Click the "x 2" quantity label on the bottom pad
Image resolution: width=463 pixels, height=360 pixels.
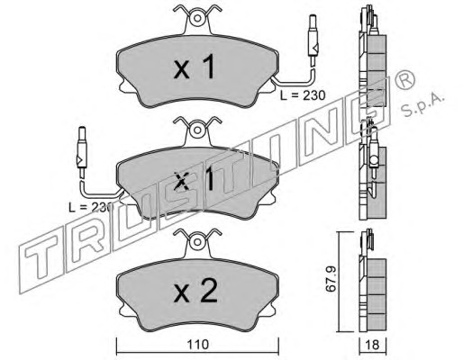(x=195, y=291)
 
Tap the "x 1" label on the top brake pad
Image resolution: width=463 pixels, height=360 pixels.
(x=195, y=67)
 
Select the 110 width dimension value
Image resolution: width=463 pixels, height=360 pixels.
(x=197, y=345)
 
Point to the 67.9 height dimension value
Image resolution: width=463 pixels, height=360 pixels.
(x=331, y=279)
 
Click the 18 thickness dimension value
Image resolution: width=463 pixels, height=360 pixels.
(x=373, y=345)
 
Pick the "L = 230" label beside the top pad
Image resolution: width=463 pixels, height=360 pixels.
(x=303, y=95)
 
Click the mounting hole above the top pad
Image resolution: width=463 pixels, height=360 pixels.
(x=197, y=19)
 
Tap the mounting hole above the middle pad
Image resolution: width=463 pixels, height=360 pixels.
(x=197, y=130)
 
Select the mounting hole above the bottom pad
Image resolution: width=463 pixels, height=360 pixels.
(x=197, y=242)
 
